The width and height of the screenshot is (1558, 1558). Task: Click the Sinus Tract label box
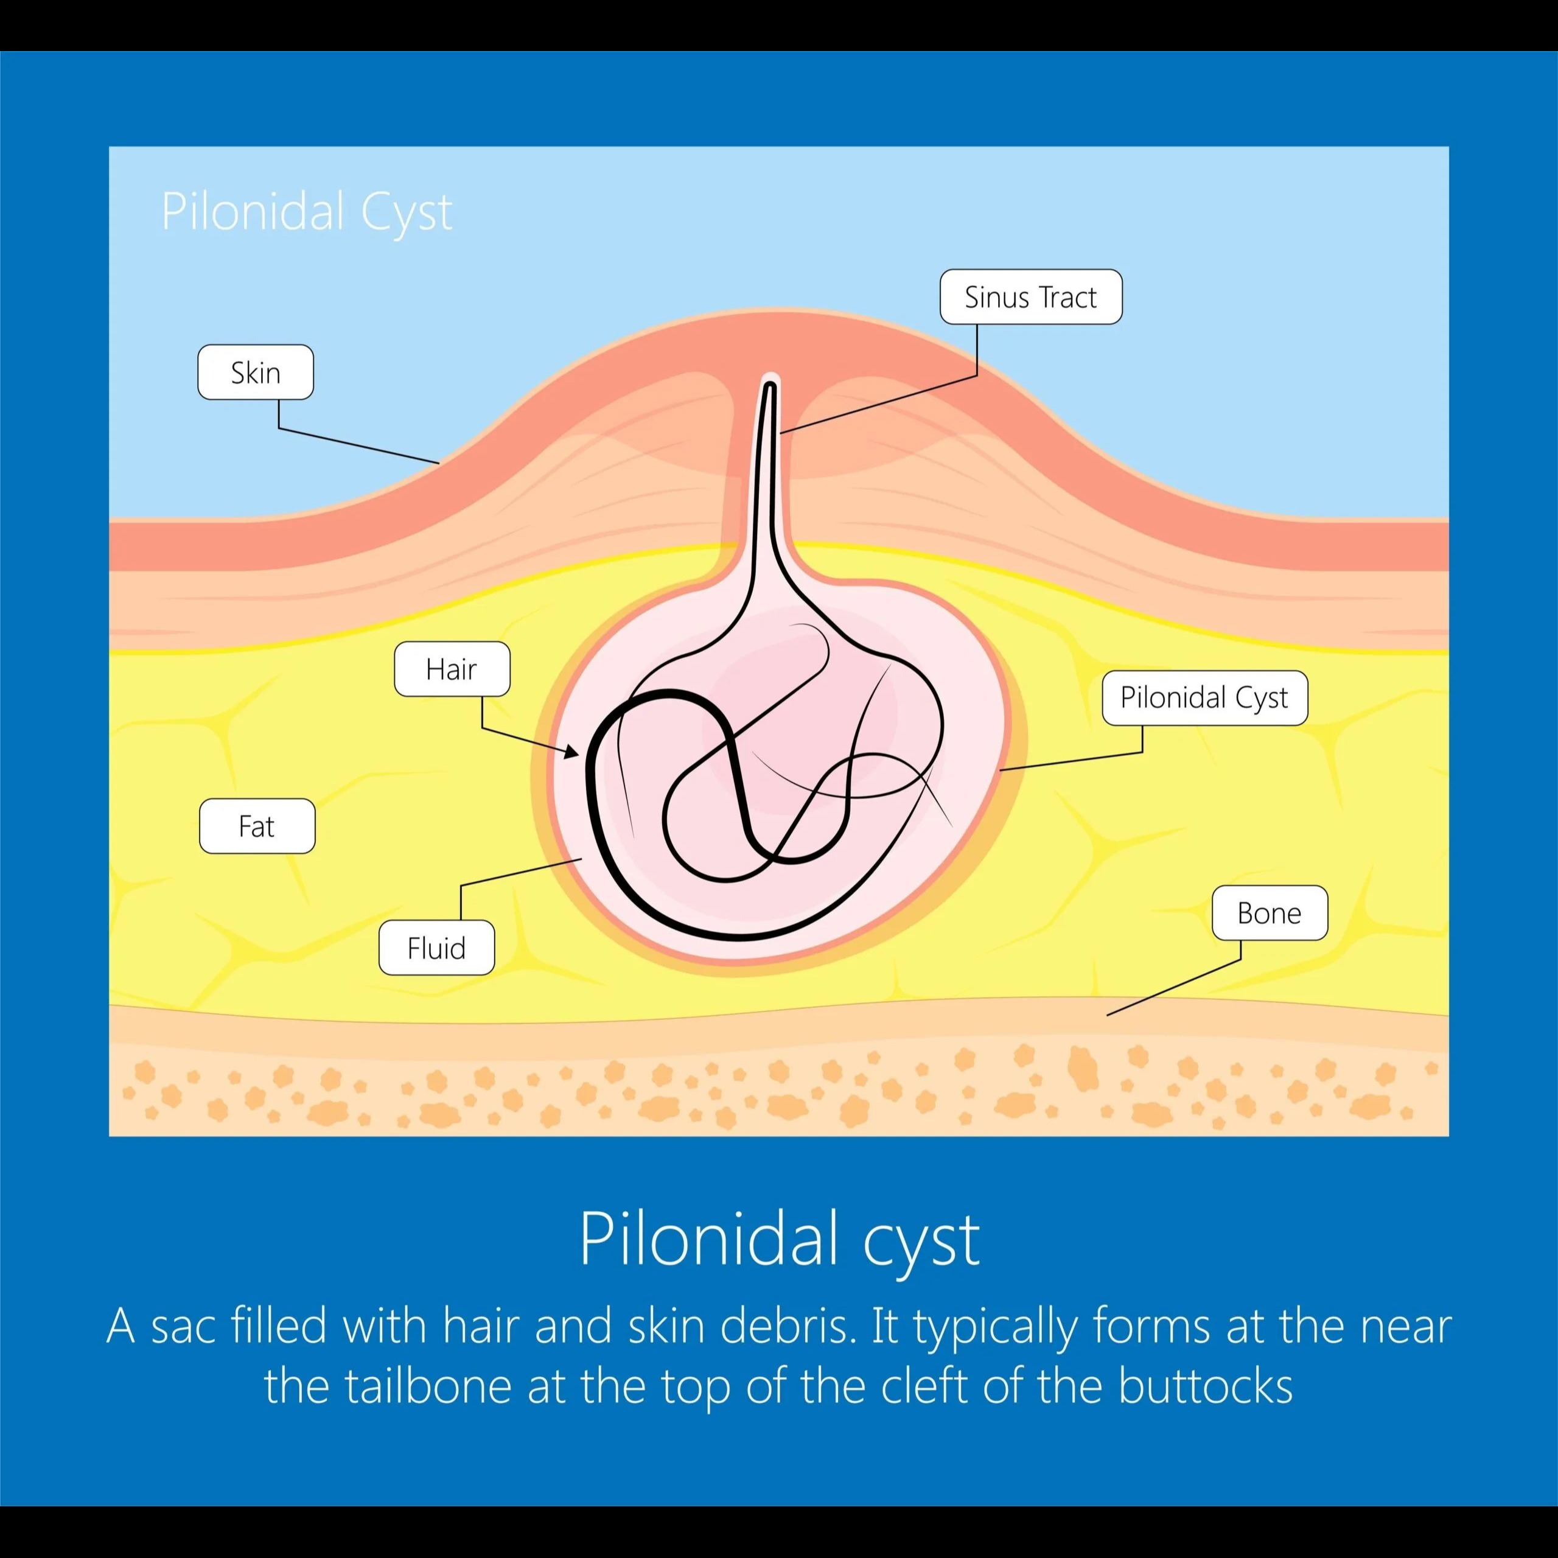pyautogui.click(x=1030, y=297)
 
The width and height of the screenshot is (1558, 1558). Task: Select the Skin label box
pyautogui.click(x=256, y=372)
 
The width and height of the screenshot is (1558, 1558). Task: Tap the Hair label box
pyautogui.click(x=452, y=668)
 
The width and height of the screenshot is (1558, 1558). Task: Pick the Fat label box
pyautogui.click(x=256, y=826)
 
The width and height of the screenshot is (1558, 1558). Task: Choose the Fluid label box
pyautogui.click(x=436, y=948)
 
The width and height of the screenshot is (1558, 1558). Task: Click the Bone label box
pyautogui.click(x=1270, y=913)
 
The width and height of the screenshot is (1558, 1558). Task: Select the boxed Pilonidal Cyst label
pyautogui.click(x=1204, y=697)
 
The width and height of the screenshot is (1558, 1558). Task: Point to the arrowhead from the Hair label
pyautogui.click(x=573, y=753)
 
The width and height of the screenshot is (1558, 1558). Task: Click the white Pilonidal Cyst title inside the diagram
pyautogui.click(x=307, y=211)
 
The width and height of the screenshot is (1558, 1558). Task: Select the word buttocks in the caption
pyautogui.click(x=1205, y=1385)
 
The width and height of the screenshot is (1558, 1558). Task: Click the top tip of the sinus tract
pyautogui.click(x=770, y=385)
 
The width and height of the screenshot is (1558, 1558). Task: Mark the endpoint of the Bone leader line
pyautogui.click(x=1107, y=1015)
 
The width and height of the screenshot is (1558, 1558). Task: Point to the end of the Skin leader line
pyautogui.click(x=439, y=463)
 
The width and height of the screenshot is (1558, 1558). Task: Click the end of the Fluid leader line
pyautogui.click(x=581, y=860)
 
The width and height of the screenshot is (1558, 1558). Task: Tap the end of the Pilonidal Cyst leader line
pyautogui.click(x=1000, y=770)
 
